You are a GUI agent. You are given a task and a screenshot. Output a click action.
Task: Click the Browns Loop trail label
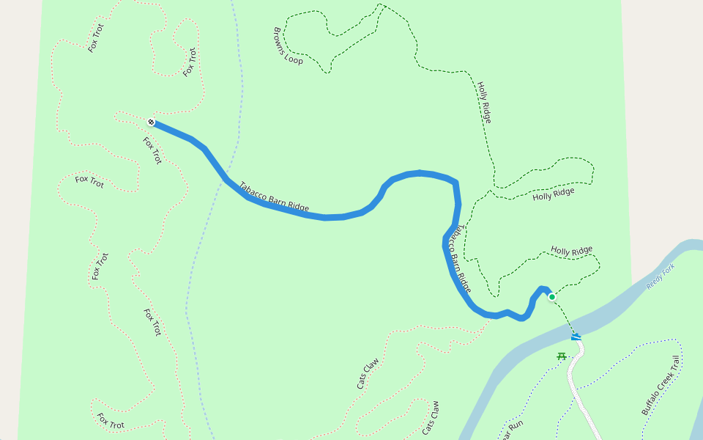[x=288, y=46]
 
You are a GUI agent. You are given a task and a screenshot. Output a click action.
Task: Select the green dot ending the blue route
[x=551, y=296]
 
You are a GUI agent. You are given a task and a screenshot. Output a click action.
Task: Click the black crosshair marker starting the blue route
[x=151, y=121]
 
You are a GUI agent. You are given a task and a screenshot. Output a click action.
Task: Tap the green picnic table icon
[x=562, y=356]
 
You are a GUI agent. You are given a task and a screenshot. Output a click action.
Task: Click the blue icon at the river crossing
[x=576, y=337]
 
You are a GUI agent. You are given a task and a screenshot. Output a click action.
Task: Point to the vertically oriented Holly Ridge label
[x=484, y=102]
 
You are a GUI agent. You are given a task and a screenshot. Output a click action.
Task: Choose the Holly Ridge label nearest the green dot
[x=571, y=252]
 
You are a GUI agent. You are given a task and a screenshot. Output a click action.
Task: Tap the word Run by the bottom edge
[x=516, y=425]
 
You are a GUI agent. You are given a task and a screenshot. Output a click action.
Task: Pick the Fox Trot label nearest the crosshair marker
[x=152, y=150]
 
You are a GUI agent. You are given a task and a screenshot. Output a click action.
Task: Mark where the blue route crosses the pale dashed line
[x=225, y=177]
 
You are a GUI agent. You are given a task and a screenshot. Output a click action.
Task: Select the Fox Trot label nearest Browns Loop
[x=190, y=62]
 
